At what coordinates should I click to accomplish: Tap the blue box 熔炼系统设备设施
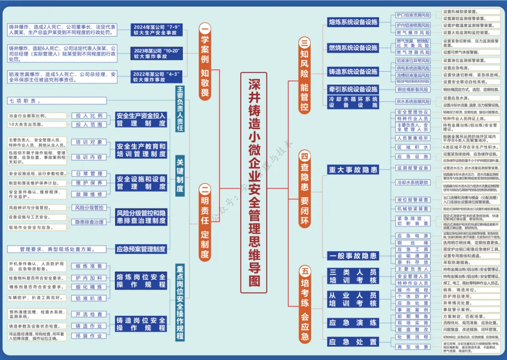coord(353,22)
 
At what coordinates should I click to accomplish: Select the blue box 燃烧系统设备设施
coord(353,48)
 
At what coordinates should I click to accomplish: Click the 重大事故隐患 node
coord(353,170)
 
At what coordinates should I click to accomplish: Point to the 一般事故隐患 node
coord(353,256)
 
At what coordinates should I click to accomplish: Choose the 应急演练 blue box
coord(353,323)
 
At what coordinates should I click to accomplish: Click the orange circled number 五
coord(305,271)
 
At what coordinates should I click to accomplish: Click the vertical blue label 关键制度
coord(180,176)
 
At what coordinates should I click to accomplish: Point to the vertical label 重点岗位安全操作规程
coord(180,303)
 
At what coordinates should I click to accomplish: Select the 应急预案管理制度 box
coord(141,249)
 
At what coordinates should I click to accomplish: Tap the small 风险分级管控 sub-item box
coord(89,207)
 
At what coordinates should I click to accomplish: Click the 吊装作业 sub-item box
coord(89,336)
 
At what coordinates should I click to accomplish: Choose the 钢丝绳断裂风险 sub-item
coord(413,89)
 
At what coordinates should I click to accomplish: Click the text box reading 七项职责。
coord(56,101)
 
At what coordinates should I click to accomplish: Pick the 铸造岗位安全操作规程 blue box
coord(141,324)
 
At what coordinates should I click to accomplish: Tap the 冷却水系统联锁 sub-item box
coord(413,182)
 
